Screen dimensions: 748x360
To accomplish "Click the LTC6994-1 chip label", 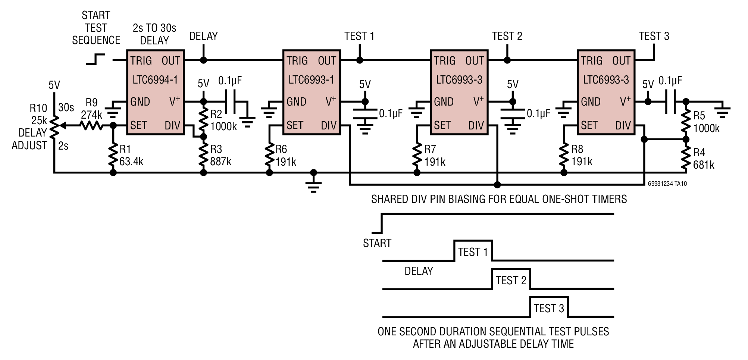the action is (x=155, y=80).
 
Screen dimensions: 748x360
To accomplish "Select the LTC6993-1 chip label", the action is (x=311, y=80).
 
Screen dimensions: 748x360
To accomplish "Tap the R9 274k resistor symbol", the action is (x=92, y=126).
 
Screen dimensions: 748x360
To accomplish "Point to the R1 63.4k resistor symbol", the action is (x=113, y=156).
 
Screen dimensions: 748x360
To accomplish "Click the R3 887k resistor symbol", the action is (x=203, y=156).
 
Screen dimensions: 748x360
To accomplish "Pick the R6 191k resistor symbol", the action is (x=269, y=156).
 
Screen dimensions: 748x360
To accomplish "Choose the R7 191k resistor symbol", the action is (x=417, y=156).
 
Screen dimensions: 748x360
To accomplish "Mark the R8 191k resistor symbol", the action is (x=564, y=156).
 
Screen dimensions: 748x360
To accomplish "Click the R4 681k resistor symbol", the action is (x=686, y=158).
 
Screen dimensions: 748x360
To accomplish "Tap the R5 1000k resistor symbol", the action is (x=686, y=121).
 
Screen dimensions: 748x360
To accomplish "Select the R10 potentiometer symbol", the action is (x=55, y=126).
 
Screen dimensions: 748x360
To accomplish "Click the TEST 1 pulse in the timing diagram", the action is (x=473, y=250).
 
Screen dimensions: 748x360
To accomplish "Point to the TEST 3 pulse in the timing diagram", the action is (x=549, y=307).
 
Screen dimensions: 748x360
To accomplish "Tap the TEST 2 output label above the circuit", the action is (x=507, y=36).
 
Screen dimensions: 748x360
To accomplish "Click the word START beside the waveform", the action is (x=377, y=243).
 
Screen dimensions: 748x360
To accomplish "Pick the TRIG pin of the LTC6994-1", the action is (x=141, y=60).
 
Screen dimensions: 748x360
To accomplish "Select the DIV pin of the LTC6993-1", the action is (x=329, y=126).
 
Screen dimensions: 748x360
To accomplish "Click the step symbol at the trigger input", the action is (x=96, y=59).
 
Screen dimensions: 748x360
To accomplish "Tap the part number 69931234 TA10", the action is (x=667, y=184).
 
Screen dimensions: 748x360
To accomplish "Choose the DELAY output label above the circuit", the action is (x=203, y=36).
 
